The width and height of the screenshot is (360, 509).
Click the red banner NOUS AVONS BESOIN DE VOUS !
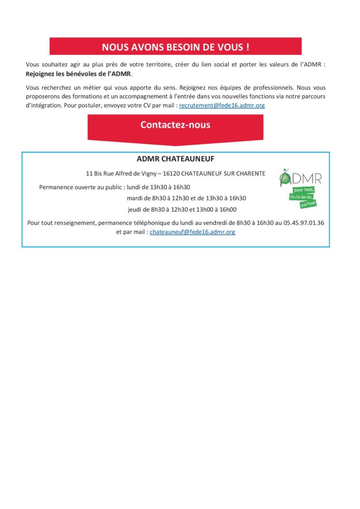click(x=175, y=47)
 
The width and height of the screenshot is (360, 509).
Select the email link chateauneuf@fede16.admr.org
click(x=192, y=232)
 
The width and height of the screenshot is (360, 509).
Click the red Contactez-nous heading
click(x=175, y=125)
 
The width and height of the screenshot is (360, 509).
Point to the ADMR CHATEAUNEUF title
click(x=175, y=159)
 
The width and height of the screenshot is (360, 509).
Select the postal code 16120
click(x=172, y=173)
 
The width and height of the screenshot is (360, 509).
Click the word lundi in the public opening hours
click(x=134, y=187)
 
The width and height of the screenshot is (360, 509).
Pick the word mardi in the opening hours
click(x=136, y=198)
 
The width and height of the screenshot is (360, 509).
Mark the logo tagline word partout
click(x=308, y=203)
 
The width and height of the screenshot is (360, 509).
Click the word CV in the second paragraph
click(x=138, y=106)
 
